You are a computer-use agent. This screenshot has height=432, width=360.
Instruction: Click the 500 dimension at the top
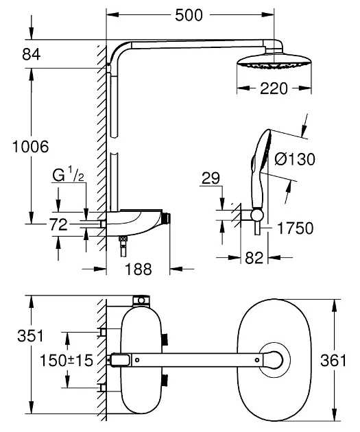point(189,15)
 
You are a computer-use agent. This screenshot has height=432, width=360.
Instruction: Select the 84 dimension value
point(32,54)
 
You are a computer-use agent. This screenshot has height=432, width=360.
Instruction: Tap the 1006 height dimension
point(31,147)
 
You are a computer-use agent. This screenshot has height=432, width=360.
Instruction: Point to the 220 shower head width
point(274,88)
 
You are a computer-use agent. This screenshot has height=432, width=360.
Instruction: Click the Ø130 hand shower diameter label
point(295,159)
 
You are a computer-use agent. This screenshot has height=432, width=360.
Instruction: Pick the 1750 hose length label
point(296,228)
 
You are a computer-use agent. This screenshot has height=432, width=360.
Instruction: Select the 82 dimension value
point(254,258)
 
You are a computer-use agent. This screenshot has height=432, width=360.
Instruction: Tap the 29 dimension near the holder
point(211,178)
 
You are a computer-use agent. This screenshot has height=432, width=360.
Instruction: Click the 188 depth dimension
point(139,269)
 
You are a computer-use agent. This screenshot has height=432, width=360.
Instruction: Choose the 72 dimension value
point(58,224)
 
